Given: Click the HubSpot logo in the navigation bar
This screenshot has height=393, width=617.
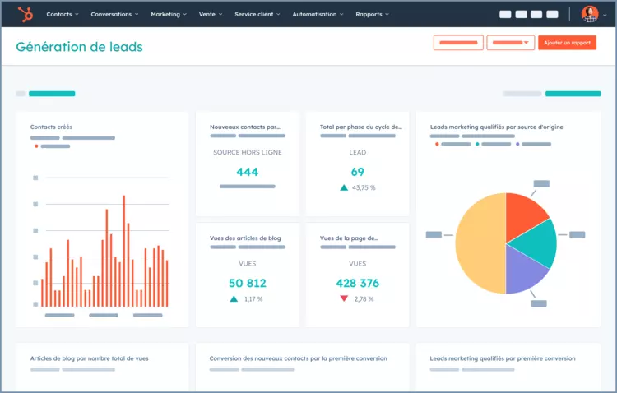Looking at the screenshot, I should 26,14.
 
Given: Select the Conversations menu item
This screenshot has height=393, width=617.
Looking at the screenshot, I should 114,15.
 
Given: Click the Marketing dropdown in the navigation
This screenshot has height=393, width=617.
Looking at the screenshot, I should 168,15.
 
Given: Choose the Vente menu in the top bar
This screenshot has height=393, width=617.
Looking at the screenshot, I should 210,15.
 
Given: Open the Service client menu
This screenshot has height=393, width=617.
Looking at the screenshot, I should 257,15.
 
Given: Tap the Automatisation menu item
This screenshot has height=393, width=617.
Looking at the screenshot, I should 318,15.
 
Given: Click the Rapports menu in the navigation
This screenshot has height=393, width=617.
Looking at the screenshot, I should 372,15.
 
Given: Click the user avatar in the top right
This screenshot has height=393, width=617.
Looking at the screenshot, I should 589,14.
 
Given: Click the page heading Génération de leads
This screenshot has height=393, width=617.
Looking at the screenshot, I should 79,47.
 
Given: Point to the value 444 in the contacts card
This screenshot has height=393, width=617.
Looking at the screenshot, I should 247,172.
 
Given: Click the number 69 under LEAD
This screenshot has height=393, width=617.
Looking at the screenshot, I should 357,172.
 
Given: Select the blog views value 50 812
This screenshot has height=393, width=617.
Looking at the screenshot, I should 247,283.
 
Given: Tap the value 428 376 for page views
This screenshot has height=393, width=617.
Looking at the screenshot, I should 357,283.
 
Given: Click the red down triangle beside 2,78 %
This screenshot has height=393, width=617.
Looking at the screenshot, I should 344,298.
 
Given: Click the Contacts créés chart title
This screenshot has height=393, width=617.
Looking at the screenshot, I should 51,127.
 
